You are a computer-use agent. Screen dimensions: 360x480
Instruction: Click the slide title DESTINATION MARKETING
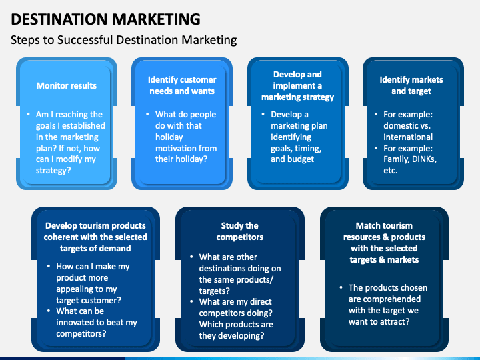click(x=105, y=18)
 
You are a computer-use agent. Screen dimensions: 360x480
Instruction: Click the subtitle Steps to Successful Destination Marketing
click(x=124, y=40)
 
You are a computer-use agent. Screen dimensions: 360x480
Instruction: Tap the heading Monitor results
click(x=67, y=85)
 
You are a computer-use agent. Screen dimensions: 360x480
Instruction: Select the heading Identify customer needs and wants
click(x=181, y=85)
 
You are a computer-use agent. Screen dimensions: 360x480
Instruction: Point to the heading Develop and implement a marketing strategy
click(x=297, y=85)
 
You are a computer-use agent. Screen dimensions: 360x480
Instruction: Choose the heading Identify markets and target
click(x=411, y=85)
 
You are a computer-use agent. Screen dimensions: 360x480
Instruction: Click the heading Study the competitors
click(x=240, y=231)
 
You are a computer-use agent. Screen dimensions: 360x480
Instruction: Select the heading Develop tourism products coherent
click(x=96, y=236)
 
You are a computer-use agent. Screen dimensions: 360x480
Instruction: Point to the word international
click(x=408, y=137)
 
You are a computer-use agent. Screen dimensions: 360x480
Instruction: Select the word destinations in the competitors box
click(x=227, y=268)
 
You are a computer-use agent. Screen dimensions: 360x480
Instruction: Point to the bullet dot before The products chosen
click(x=340, y=288)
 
